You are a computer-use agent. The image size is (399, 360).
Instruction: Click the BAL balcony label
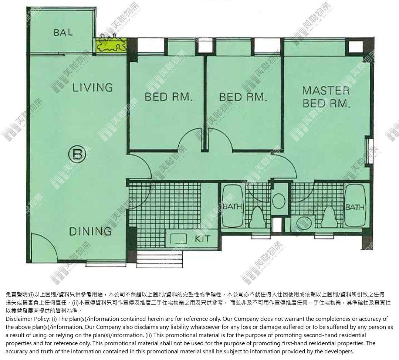point(63,33)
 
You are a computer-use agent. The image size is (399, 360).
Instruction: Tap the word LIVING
point(92,88)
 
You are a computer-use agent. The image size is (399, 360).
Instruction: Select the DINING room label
point(90,231)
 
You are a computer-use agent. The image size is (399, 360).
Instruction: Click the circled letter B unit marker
point(77,154)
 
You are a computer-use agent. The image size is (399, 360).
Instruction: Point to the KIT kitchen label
point(203,239)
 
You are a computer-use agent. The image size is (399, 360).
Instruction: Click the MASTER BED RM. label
point(326,97)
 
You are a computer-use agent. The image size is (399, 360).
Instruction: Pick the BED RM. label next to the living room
point(168,97)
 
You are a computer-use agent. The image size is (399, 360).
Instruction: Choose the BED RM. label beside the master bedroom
point(243,97)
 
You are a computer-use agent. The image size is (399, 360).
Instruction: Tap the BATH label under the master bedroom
point(355,207)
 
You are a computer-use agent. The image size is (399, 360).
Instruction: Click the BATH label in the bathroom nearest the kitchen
point(232,206)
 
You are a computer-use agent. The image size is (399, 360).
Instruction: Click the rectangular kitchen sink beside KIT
point(178,239)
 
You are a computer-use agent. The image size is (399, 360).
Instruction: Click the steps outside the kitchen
point(159,259)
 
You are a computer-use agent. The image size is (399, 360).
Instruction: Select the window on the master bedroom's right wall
point(369,151)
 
